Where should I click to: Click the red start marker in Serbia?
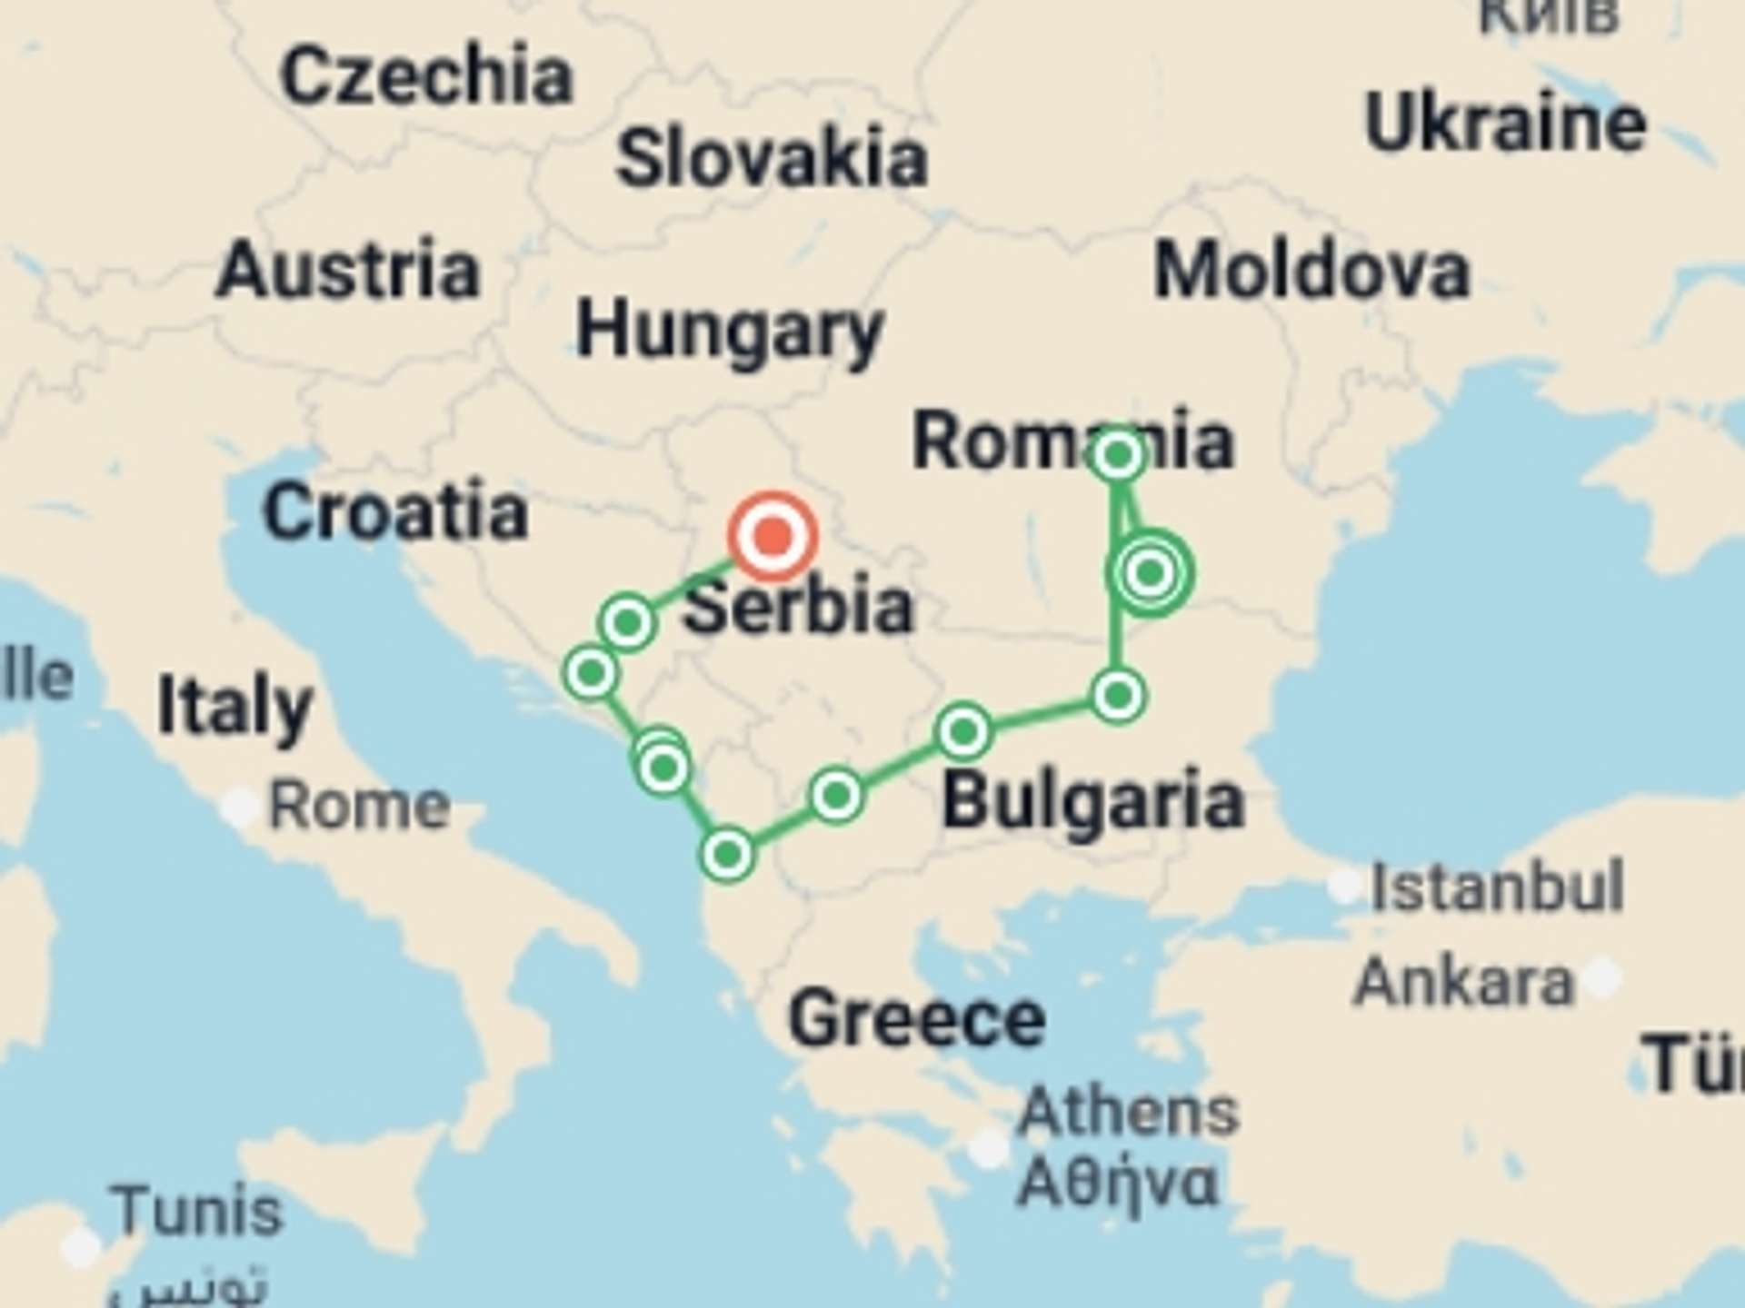click(773, 536)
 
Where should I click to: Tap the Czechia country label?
click(427, 76)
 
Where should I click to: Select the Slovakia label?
click(772, 159)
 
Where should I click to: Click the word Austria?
click(348, 270)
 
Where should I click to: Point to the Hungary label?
click(730, 332)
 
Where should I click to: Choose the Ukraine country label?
click(1505, 124)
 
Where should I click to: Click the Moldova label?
click(1311, 271)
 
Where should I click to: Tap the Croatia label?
click(395, 511)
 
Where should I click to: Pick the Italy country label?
click(235, 708)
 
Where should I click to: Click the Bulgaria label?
click(1092, 801)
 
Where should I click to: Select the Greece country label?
click(917, 1019)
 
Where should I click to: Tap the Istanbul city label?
click(1497, 887)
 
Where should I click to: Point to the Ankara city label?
click(1463, 982)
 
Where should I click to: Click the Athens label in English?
click(1128, 1111)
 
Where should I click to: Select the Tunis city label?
click(197, 1212)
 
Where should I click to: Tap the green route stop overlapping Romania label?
click(1118, 453)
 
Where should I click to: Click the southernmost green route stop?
click(727, 855)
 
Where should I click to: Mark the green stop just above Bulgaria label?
click(963, 731)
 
